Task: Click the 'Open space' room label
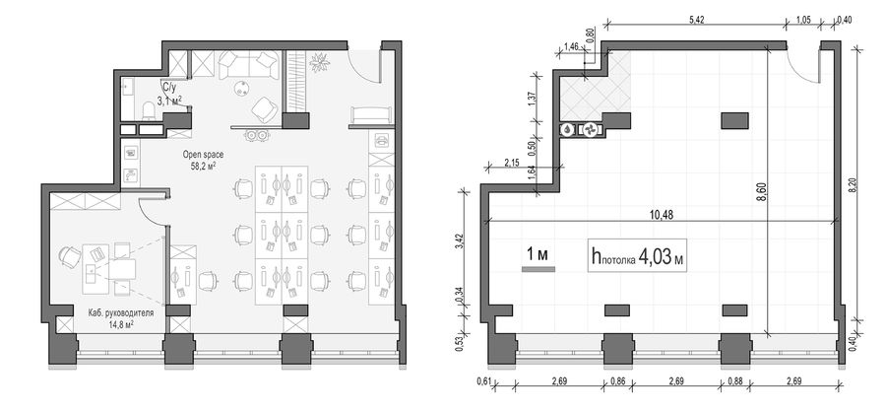(203, 154)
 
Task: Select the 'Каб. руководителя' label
(121, 312)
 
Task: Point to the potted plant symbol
(319, 62)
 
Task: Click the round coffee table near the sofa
(244, 88)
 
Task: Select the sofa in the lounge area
(249, 65)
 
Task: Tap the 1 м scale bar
(538, 269)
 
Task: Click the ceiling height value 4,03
(655, 258)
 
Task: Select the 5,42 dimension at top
(696, 20)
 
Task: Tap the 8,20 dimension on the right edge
(853, 186)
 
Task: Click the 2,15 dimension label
(512, 163)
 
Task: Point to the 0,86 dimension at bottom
(618, 381)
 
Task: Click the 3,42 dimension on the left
(460, 240)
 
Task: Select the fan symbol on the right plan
(591, 129)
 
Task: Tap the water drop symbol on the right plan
(567, 129)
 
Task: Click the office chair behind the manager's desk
(70, 257)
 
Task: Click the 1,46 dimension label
(571, 47)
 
